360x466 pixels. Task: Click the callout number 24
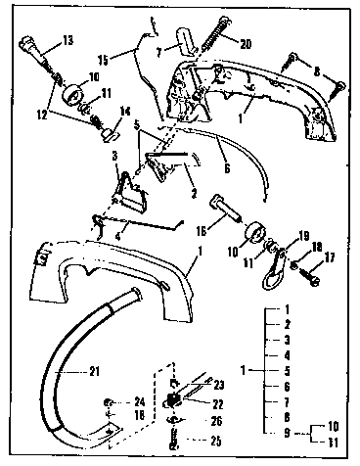click(140, 400)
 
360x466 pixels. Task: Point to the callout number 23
click(246, 385)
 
